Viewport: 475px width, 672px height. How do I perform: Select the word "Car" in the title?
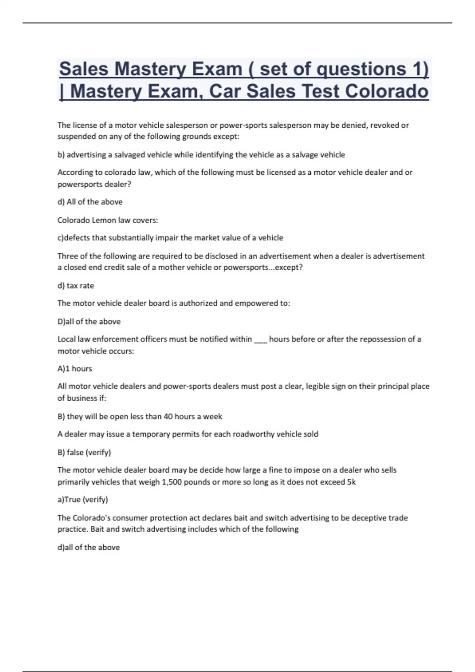pyautogui.click(x=230, y=91)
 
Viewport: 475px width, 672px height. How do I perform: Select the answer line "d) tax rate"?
pyautogui.click(x=76, y=285)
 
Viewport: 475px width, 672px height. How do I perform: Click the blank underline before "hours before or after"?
pyautogui.click(x=260, y=340)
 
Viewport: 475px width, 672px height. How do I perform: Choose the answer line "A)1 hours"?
pyautogui.click(x=75, y=368)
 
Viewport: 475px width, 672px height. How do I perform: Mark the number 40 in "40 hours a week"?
pyautogui.click(x=168, y=416)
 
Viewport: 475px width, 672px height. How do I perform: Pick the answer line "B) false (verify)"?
pyautogui.click(x=84, y=452)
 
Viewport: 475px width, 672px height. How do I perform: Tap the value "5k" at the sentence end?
pyautogui.click(x=351, y=482)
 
